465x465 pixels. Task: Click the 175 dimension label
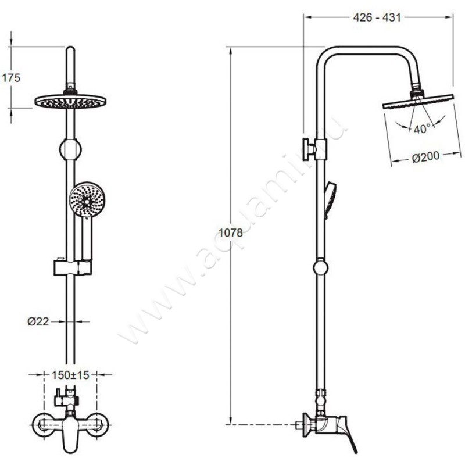pos(11,78)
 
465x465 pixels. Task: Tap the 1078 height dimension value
pos(231,233)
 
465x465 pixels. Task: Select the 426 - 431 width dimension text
pos(377,17)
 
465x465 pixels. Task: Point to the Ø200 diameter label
pos(425,157)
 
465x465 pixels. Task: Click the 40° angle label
pos(422,128)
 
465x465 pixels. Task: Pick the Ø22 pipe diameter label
pos(38,321)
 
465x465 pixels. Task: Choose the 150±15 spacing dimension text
pos(70,375)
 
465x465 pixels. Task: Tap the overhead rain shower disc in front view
pos(70,101)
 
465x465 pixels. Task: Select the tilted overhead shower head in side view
pos(418,101)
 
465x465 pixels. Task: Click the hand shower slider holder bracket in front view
pos(73,267)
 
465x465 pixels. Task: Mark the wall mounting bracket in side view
pos(315,149)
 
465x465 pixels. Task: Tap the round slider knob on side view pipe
pos(321,267)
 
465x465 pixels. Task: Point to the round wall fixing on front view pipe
pos(70,149)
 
